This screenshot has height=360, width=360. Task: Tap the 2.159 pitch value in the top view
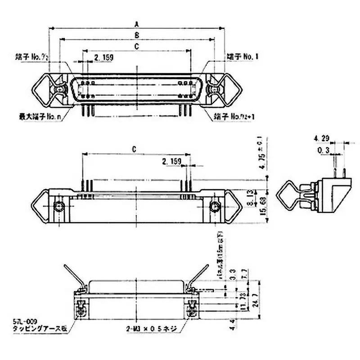103,57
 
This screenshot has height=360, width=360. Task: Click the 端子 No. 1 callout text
243,57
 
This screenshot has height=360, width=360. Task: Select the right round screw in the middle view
215,207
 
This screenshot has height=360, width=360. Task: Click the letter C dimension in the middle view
135,149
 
